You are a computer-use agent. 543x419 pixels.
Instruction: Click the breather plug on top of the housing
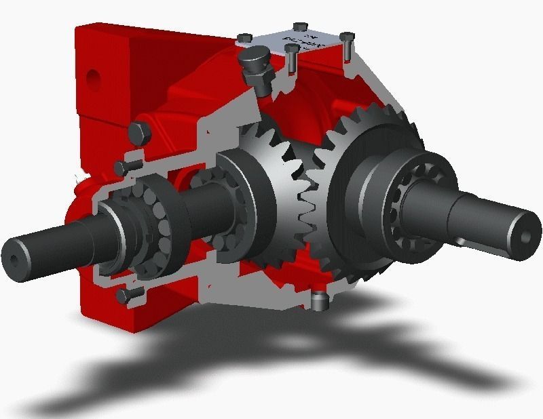coord(255,64)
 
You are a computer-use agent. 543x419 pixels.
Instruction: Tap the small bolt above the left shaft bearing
coord(127,165)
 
